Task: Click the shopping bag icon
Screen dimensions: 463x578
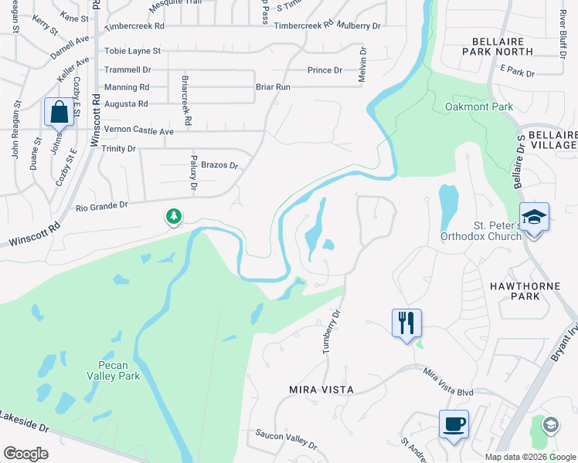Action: (59, 113)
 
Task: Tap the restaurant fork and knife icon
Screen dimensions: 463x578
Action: (406, 323)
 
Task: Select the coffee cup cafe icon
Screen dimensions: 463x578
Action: (454, 424)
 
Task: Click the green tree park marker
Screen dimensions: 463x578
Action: (174, 218)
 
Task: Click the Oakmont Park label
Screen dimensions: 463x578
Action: (479, 106)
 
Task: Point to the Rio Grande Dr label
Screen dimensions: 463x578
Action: (100, 206)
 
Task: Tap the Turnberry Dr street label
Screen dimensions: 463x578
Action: (331, 332)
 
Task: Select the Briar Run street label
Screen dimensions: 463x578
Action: (273, 87)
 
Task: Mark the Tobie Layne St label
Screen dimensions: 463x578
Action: (133, 51)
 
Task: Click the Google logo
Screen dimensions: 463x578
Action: (26, 453)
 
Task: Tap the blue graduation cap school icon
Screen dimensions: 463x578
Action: (534, 218)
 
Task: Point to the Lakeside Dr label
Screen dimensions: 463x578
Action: (24, 417)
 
